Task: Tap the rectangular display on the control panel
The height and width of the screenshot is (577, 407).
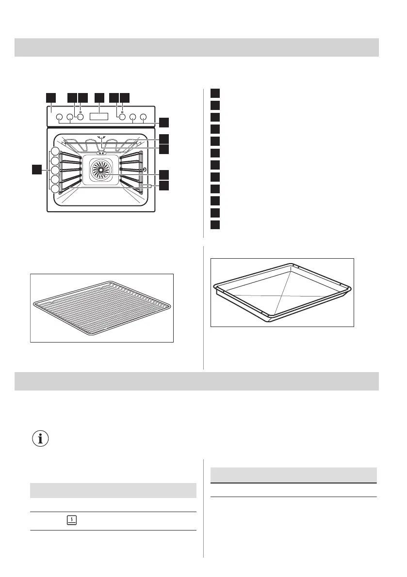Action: (101, 117)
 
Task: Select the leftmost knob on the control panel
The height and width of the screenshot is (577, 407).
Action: (59, 117)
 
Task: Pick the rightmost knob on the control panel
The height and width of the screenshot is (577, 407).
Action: (143, 117)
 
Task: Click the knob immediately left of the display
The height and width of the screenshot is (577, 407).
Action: (80, 117)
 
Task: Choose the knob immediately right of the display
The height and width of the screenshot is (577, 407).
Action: (122, 117)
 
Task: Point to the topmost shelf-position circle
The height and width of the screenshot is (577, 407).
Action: (55, 151)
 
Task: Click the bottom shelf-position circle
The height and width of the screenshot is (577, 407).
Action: (55, 189)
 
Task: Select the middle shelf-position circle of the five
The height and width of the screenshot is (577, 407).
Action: (55, 170)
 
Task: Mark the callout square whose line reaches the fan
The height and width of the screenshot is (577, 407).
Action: (165, 174)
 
